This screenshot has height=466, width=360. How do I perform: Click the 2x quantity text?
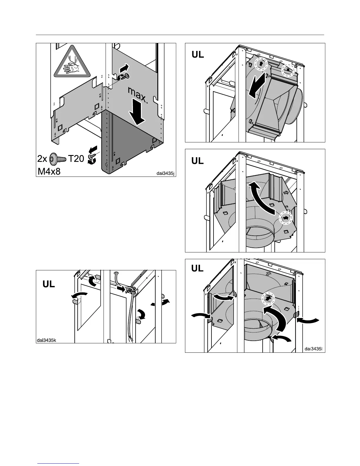pyautogui.click(x=43, y=159)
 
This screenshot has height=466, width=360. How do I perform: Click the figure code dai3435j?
pyautogui.click(x=165, y=173)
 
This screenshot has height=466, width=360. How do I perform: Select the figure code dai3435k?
pyautogui.click(x=46, y=340)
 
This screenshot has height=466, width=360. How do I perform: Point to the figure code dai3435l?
pyautogui.click(x=314, y=349)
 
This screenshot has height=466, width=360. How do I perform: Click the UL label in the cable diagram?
pyautogui.click(x=49, y=284)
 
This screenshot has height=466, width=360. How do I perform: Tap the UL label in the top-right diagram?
pyautogui.click(x=198, y=55)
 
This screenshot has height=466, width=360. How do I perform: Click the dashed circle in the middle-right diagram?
pyautogui.click(x=285, y=218)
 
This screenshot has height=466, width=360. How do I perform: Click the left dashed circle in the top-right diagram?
pyautogui.click(x=261, y=64)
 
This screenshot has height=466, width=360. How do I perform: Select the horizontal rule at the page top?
pyautogui.click(x=180, y=35)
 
